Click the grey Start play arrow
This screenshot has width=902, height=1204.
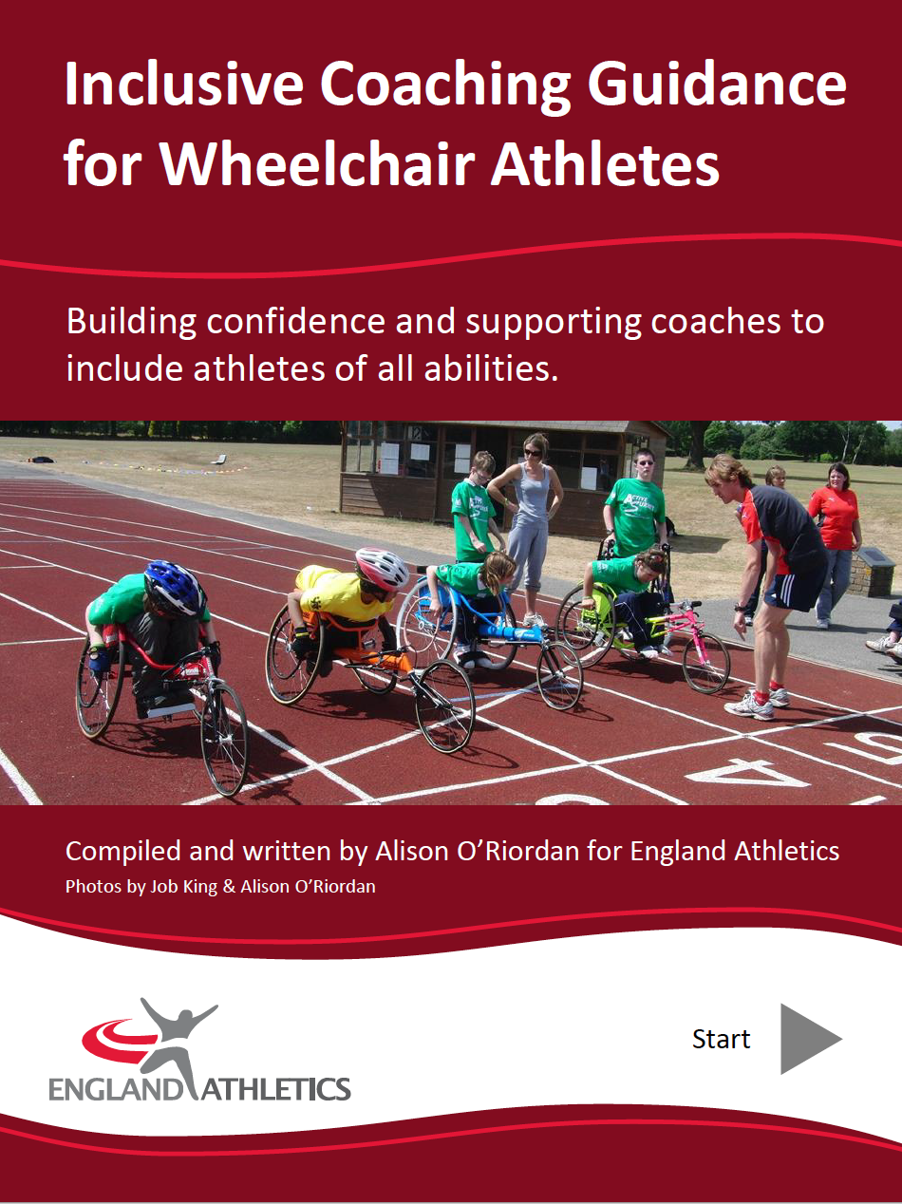click(806, 1039)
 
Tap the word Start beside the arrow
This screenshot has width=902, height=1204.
click(721, 1039)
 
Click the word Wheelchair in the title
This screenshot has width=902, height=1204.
click(317, 164)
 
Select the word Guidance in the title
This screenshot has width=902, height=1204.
click(718, 85)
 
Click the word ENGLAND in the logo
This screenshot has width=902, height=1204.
click(115, 1089)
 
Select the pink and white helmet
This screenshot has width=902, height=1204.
click(382, 568)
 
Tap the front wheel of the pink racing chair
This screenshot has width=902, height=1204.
click(706, 663)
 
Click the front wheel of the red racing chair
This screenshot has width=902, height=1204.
click(224, 739)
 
